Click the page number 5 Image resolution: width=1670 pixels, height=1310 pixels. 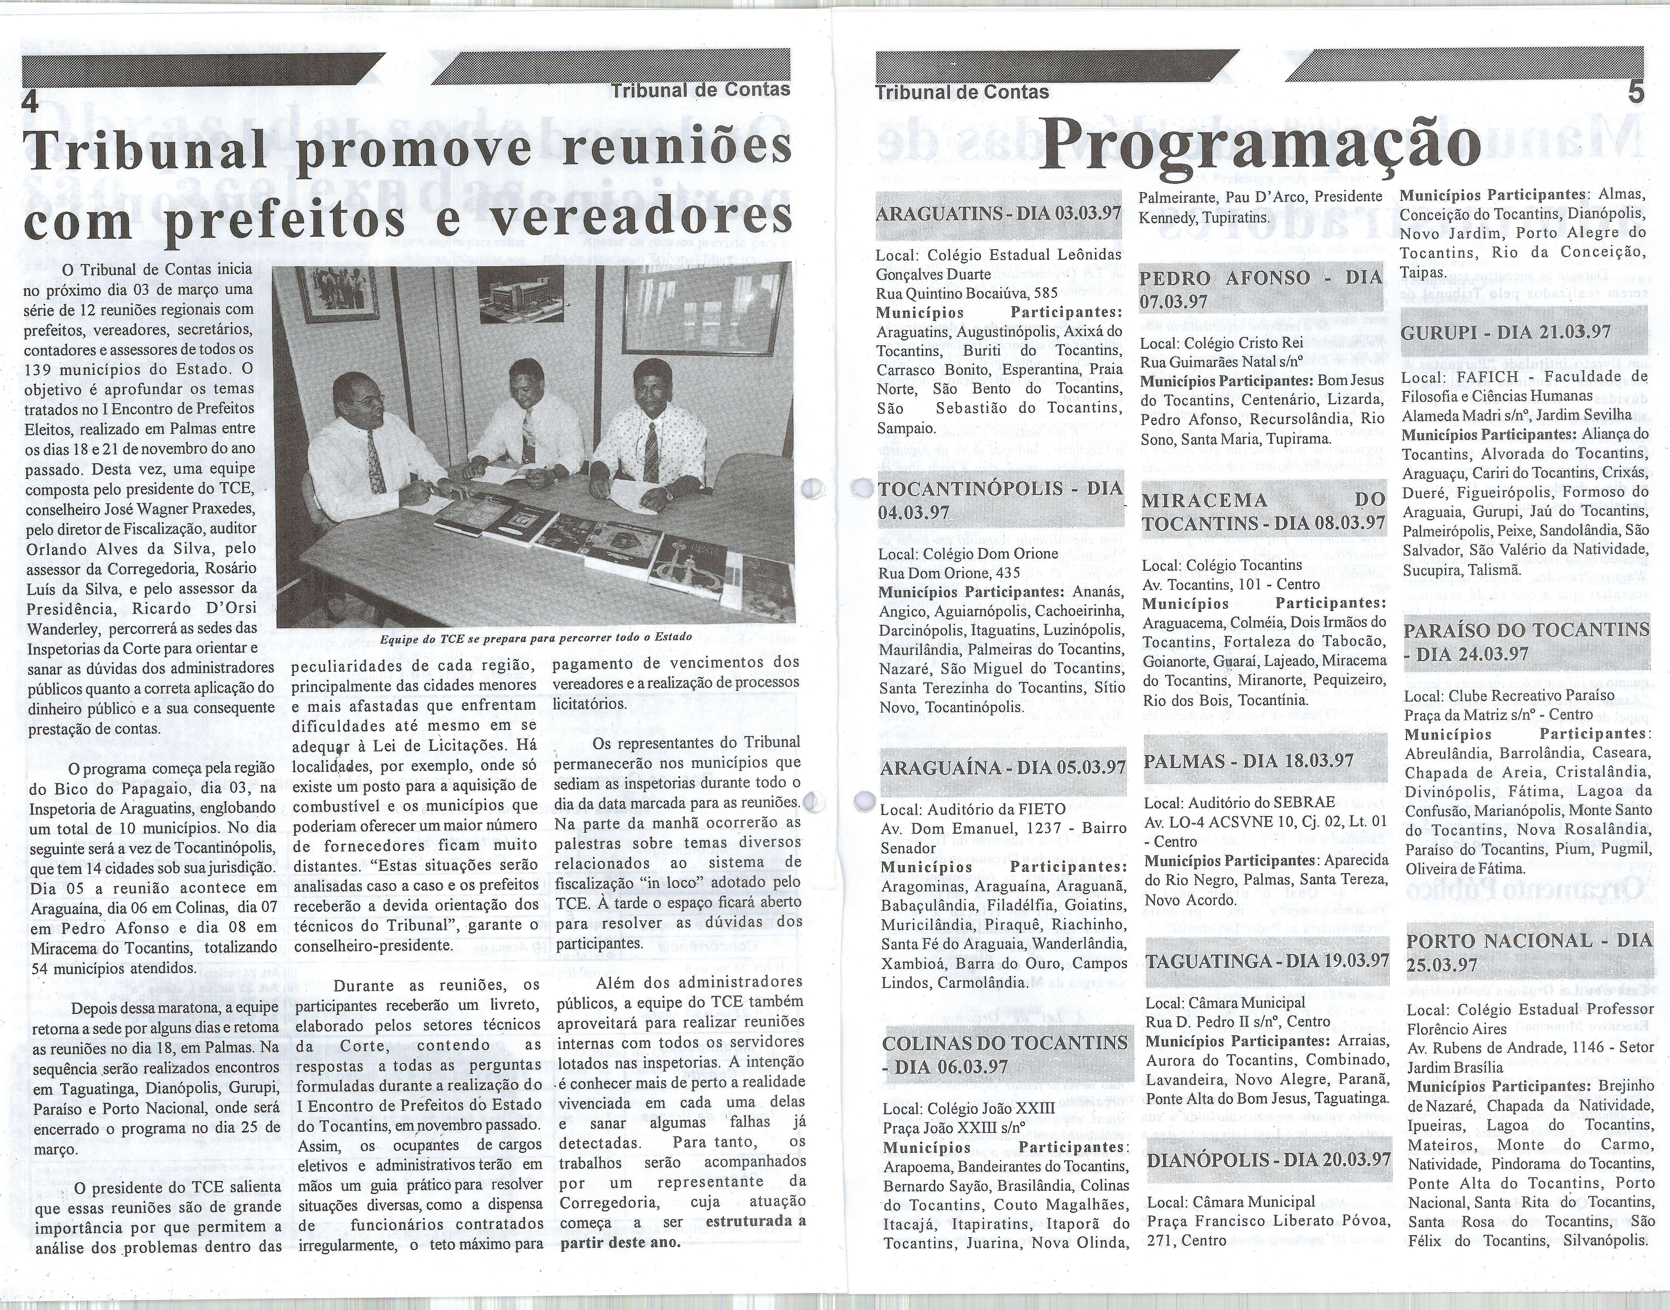1635,93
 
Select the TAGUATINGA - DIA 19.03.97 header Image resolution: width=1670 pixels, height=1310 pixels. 1267,960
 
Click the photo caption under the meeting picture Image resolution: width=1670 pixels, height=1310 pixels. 535,637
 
